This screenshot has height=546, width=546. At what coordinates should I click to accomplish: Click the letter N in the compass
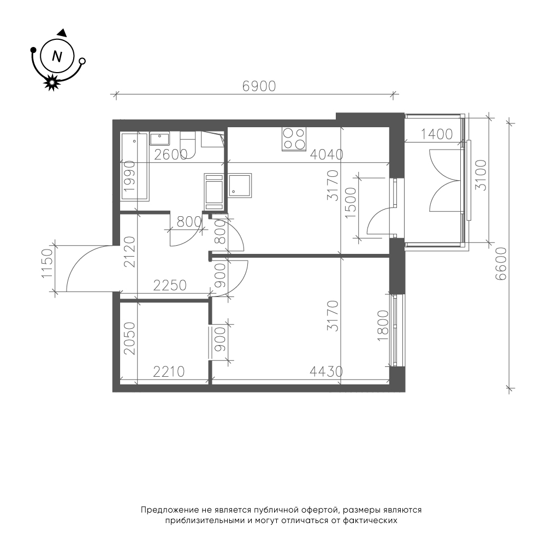point(57,56)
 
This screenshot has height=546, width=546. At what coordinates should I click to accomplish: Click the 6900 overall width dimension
point(259,86)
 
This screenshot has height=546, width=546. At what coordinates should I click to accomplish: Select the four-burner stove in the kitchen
point(294,139)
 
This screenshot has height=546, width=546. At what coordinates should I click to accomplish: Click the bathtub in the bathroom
point(134,166)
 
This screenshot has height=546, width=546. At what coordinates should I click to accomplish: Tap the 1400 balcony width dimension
point(437,134)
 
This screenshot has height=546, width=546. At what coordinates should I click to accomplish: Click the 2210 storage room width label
point(169,371)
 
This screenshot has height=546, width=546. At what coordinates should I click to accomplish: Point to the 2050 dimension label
point(129,338)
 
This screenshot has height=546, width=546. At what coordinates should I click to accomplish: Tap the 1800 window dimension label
point(383,325)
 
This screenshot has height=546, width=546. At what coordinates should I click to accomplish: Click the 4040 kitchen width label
point(327,155)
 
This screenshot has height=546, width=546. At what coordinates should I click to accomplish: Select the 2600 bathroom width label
point(170,155)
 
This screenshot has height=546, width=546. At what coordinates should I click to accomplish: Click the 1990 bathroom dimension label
point(129,175)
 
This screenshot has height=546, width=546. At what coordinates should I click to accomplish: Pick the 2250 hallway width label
point(170,286)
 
